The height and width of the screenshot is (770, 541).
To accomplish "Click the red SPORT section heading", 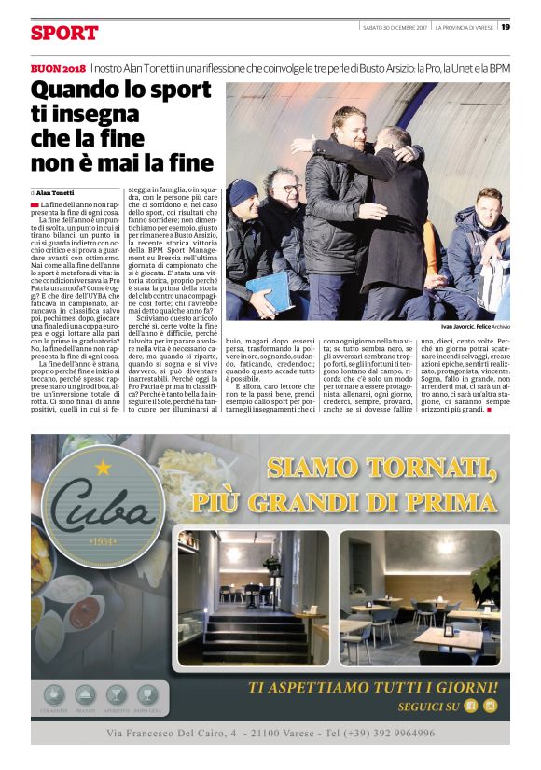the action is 63,34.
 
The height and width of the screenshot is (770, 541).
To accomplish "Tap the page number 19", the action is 506,27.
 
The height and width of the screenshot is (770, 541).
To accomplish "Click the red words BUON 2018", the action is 58,69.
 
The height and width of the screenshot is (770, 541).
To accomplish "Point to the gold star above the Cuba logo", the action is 103,465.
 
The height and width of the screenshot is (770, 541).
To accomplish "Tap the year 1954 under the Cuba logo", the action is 103,541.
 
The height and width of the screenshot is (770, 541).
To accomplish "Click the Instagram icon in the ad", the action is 490,705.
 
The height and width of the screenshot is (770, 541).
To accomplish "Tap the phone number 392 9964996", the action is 403,734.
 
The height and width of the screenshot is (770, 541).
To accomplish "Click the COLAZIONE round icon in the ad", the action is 55,695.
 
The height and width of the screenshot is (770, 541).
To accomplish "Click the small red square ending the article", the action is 489,410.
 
